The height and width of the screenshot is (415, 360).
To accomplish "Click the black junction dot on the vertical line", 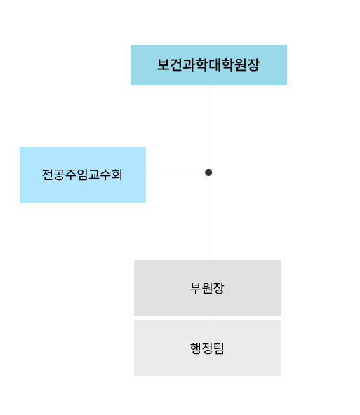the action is point(208,172).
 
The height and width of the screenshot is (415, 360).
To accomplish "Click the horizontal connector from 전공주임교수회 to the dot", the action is point(175,172).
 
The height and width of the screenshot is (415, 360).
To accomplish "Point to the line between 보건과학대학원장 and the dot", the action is point(208,128).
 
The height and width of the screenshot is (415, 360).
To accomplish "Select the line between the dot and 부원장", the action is point(208,218).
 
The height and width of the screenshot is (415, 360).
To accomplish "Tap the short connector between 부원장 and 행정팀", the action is point(208,318).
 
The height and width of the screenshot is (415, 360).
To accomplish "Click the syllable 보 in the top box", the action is point(164,64).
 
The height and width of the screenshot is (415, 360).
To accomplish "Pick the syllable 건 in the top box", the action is point(176,64).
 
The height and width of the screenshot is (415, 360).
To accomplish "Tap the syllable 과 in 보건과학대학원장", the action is point(189,64).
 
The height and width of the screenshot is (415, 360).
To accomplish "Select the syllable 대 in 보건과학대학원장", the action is point(215,64).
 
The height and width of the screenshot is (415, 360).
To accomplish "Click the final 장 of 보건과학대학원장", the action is point(253,64).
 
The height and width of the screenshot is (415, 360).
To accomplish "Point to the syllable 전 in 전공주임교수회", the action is point(48,175).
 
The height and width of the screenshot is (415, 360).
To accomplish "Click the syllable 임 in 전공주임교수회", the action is point(82,175).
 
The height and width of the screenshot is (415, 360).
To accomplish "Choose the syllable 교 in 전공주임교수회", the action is point(94,175).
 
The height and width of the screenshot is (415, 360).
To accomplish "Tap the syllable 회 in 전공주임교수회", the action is point(116,175).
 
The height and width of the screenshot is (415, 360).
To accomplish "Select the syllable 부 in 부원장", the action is point(196,288).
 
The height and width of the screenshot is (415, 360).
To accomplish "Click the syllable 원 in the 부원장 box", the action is point(207,288).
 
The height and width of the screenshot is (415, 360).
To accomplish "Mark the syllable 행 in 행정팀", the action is point(196,348).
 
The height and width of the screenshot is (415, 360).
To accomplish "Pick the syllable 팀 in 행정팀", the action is point(219,348).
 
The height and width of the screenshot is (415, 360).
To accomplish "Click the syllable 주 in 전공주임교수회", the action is point(71,175).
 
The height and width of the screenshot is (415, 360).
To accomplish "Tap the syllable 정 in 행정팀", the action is point(207,348).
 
